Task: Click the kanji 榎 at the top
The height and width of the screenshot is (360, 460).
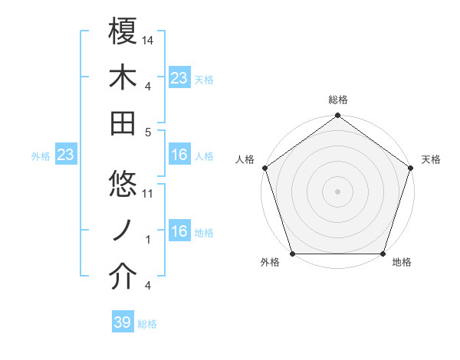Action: pyautogui.click(x=123, y=32)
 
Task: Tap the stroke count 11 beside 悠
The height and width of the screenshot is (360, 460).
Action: pyautogui.click(x=149, y=194)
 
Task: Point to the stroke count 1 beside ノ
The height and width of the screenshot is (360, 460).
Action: pyautogui.click(x=149, y=240)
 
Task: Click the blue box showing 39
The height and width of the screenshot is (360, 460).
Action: pyautogui.click(x=123, y=322)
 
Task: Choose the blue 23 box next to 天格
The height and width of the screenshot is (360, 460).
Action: pyautogui.click(x=179, y=78)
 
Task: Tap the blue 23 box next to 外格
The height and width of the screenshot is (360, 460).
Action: pyautogui.click(x=65, y=155)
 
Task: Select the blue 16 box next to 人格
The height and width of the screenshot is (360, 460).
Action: pyautogui.click(x=179, y=155)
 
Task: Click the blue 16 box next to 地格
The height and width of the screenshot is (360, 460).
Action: pyautogui.click(x=179, y=232)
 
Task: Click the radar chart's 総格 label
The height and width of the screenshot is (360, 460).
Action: pyautogui.click(x=337, y=100)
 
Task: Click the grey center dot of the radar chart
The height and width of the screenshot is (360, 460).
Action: pyautogui.click(x=337, y=191)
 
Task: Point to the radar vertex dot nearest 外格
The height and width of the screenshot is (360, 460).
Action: pyautogui.click(x=292, y=254)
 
